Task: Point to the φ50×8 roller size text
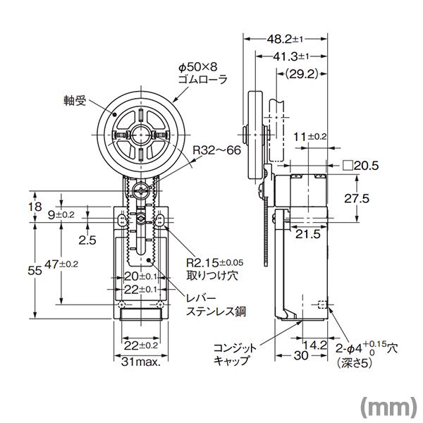click(x=199, y=68)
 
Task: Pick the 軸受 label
click(x=73, y=102)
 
